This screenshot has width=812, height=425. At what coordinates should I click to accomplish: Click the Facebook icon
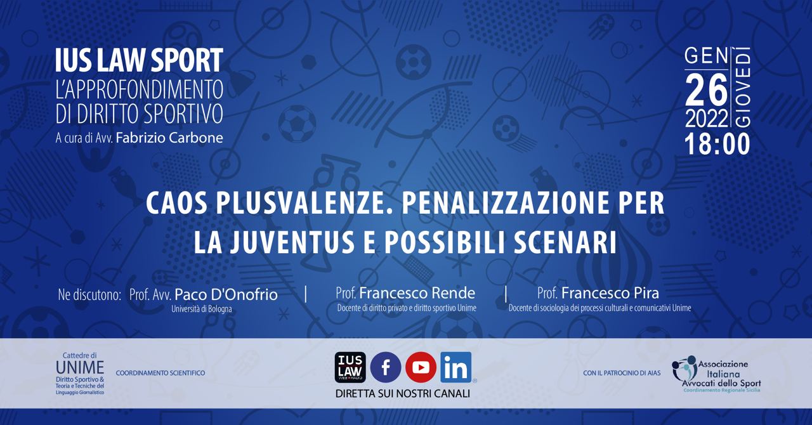[x=385, y=367]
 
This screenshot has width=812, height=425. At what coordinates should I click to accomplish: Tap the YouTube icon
[x=421, y=367]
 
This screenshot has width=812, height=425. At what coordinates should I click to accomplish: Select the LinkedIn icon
[x=456, y=367]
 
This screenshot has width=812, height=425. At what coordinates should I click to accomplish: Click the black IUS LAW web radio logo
[x=350, y=367]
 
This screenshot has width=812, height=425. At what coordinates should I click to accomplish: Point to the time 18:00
[x=717, y=145]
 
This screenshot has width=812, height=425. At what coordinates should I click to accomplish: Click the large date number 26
[x=706, y=89]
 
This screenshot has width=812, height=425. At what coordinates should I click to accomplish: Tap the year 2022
[x=707, y=118]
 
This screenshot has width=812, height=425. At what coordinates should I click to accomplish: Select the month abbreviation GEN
[x=707, y=57]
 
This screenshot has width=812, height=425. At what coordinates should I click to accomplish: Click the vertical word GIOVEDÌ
[x=742, y=88]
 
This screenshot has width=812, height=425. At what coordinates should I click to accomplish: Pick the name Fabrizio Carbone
[x=169, y=138]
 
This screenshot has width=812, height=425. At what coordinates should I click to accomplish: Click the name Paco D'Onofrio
[x=226, y=295]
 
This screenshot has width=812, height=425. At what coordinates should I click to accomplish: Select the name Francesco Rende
[x=417, y=293]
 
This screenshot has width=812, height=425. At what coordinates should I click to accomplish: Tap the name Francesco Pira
[x=610, y=293]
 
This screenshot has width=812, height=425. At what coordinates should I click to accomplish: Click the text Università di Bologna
[x=202, y=310]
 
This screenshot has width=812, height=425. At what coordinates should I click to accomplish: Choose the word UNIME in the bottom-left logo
[x=80, y=368]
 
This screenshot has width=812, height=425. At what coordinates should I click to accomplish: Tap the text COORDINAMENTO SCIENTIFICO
[x=160, y=373]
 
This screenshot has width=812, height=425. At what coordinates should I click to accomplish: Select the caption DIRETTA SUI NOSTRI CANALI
[x=403, y=393]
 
